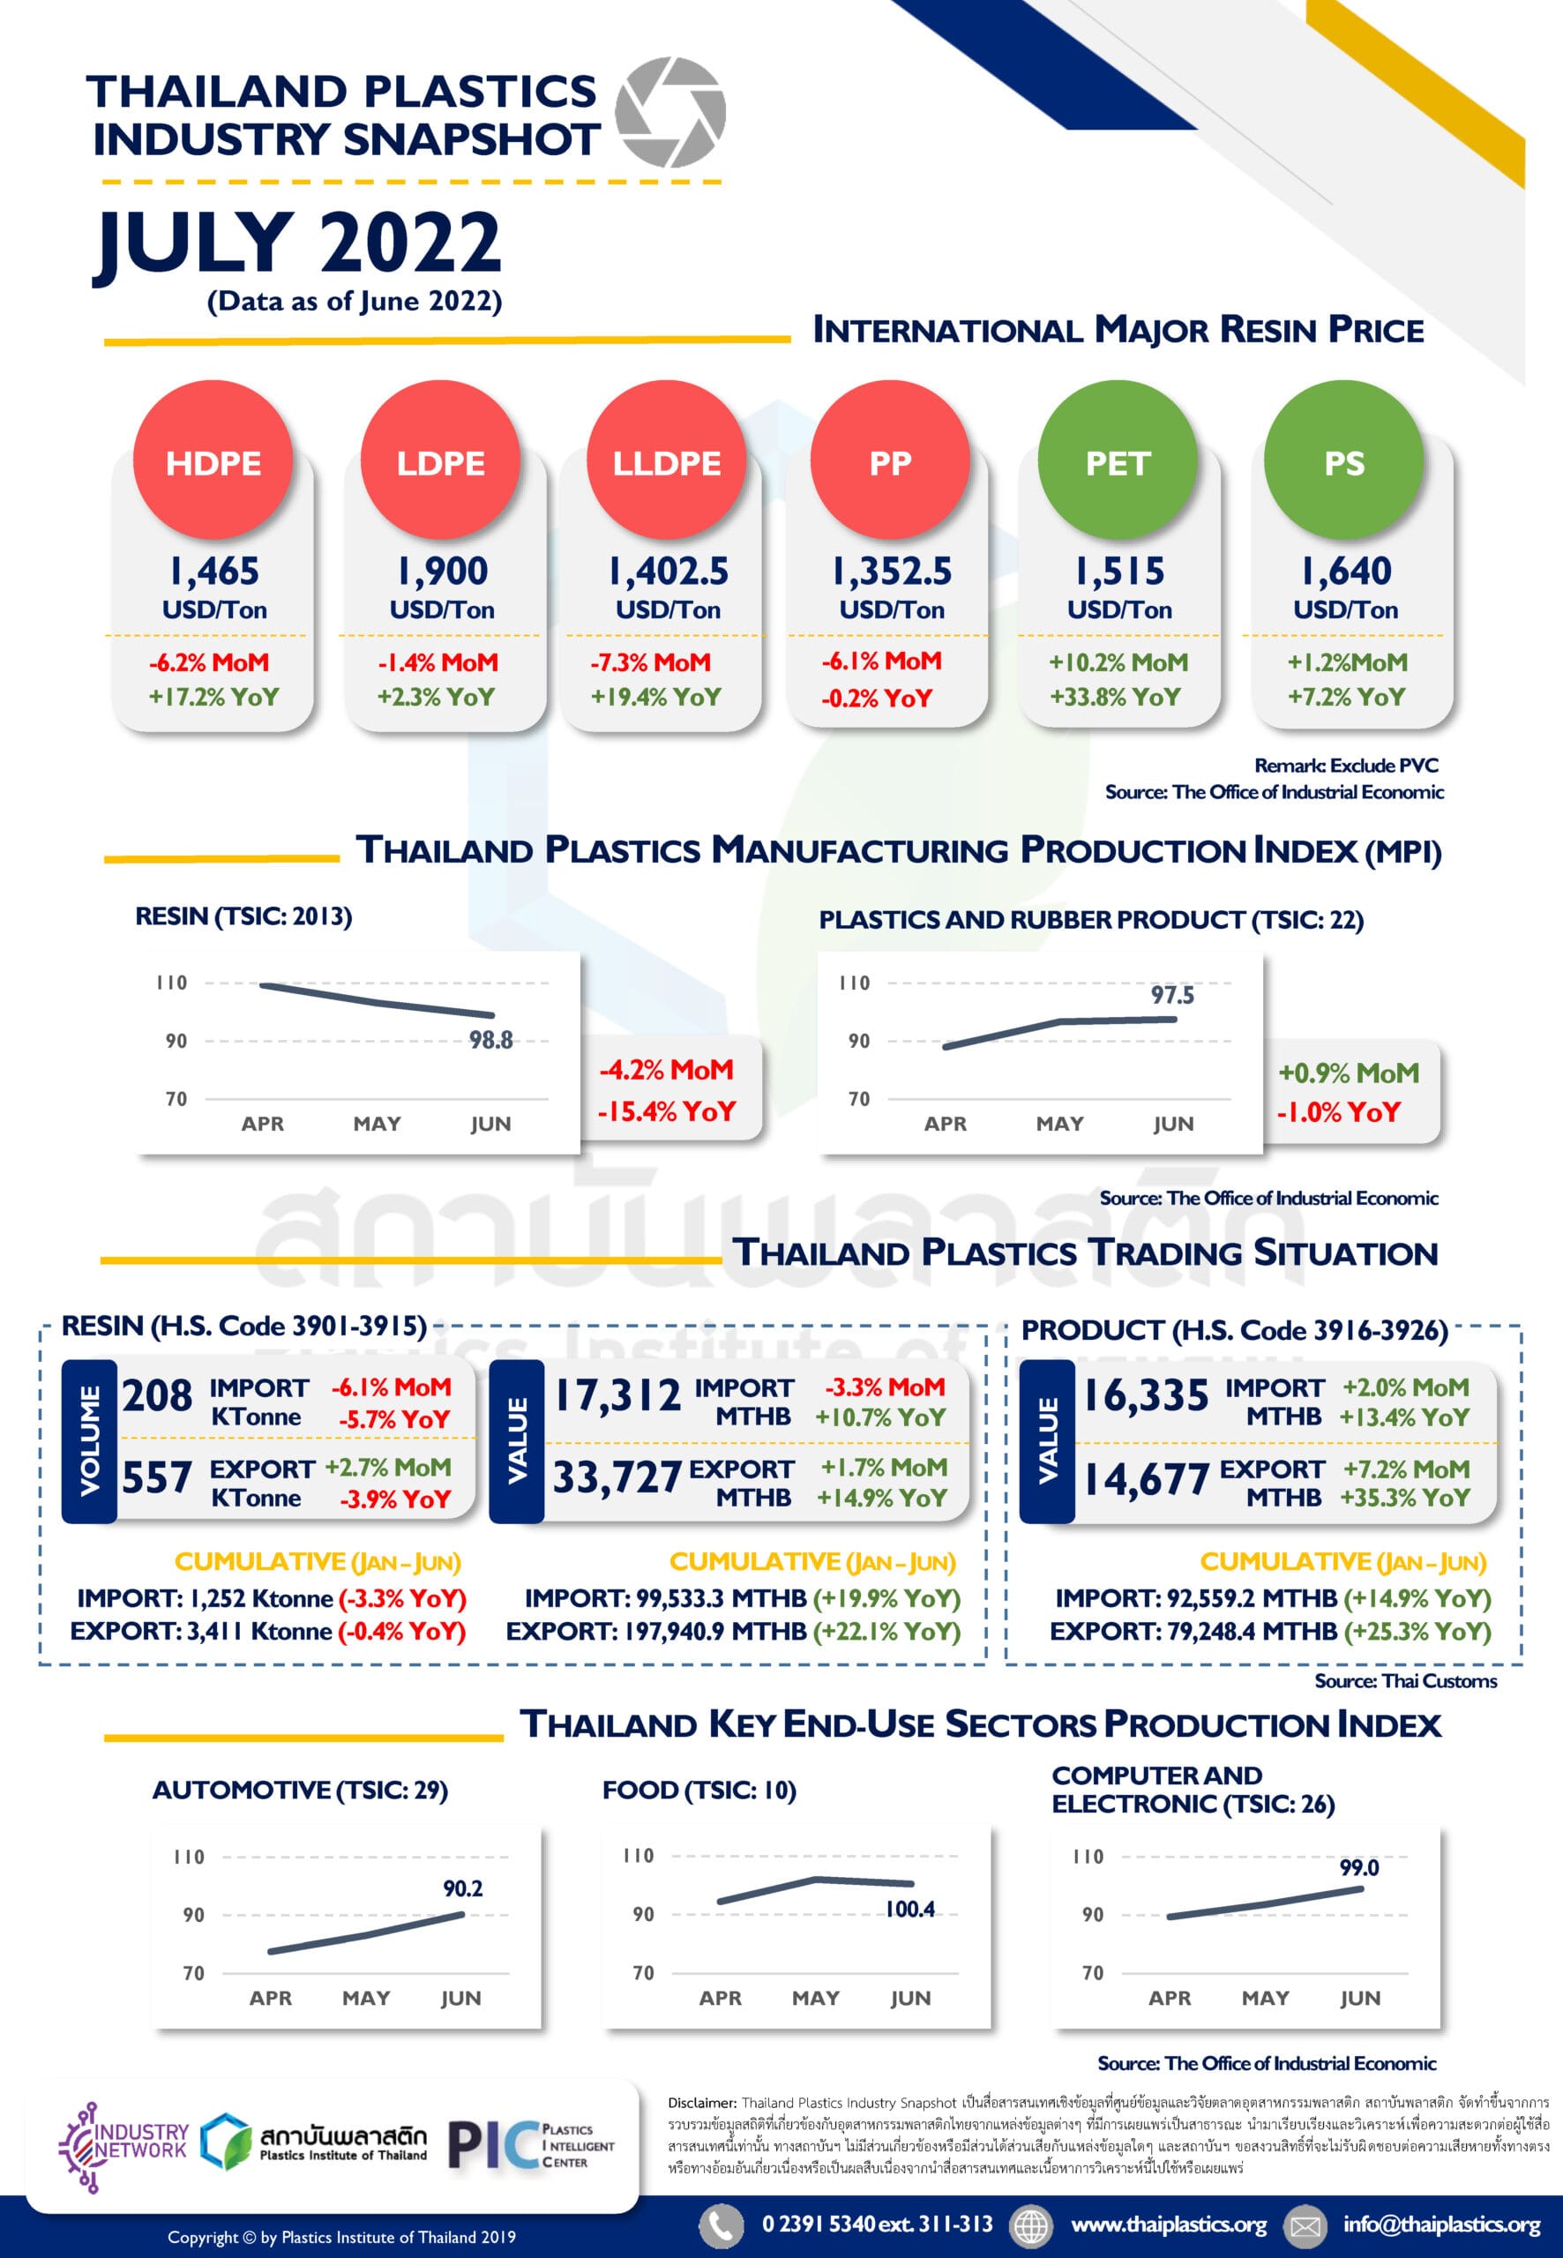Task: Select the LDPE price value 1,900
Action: [442, 571]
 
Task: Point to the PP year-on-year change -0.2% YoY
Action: [877, 699]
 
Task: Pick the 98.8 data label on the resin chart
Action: [490, 1040]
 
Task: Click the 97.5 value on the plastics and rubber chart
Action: [1172, 995]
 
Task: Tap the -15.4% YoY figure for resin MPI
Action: [667, 1111]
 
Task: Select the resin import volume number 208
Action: [157, 1395]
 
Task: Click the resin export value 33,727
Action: [617, 1477]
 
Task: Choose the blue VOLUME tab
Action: [89, 1440]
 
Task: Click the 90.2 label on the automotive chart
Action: [462, 1888]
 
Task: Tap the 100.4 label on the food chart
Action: [909, 1909]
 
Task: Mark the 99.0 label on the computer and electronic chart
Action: [1359, 1867]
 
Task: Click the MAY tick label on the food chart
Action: [815, 1998]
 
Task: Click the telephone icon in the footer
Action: [720, 2224]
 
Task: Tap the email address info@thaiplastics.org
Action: [1441, 2224]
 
